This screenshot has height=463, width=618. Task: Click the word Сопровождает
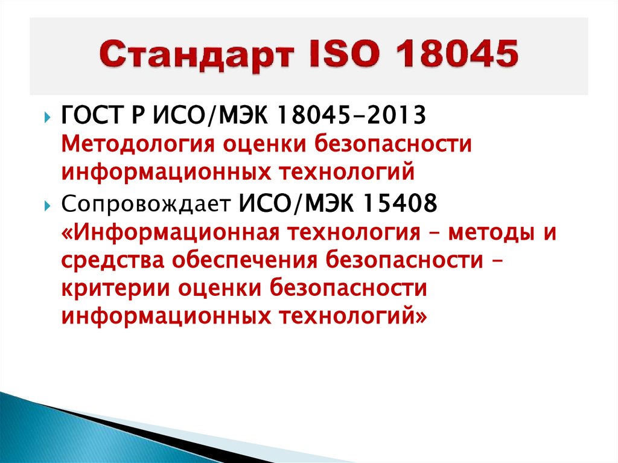tap(144, 203)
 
